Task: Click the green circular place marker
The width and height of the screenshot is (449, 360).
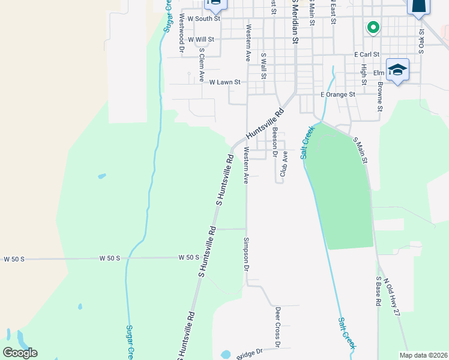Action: coord(372,28)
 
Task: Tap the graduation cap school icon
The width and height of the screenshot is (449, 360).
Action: coord(397,70)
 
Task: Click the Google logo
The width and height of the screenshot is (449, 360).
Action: coord(20,352)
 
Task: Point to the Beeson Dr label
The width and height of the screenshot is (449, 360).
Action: coord(274,142)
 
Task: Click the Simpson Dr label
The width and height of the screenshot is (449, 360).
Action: coord(246,253)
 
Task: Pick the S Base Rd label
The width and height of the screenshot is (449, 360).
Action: coord(379,292)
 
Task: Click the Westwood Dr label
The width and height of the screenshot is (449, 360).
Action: coord(181,31)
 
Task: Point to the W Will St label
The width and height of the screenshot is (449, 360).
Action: coord(200,40)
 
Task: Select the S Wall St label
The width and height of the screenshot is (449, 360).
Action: coord(263,65)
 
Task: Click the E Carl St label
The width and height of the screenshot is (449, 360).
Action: coord(366,54)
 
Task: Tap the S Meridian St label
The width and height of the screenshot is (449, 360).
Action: coord(295,24)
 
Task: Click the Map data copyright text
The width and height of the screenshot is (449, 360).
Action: coord(423,355)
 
